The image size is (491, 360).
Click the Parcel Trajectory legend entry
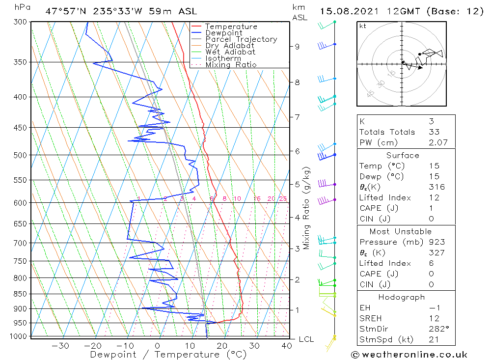[x=241, y=39]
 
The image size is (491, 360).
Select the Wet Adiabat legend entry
[x=230, y=52]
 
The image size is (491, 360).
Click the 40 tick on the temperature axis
[x=287, y=345]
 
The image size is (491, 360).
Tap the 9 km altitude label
[x=298, y=47]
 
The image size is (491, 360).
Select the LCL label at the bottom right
[x=306, y=339]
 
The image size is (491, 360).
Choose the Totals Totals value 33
[x=433, y=132]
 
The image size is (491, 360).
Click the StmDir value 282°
[x=435, y=329]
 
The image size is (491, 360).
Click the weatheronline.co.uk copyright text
[x=409, y=355]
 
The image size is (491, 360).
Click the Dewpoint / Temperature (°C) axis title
[x=168, y=354]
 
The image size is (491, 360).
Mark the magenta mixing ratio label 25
[x=283, y=199]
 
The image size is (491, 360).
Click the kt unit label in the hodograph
[x=362, y=26]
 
